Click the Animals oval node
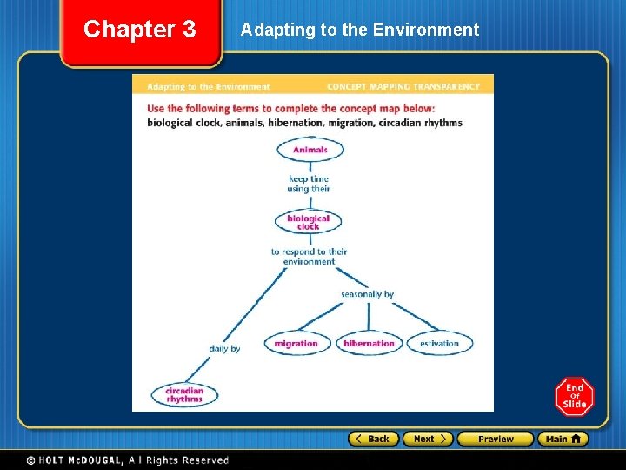(310, 150)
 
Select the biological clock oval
(308, 222)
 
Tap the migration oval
(296, 344)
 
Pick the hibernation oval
(369, 344)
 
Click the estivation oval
(439, 344)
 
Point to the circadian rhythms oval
(184, 395)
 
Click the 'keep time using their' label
(309, 184)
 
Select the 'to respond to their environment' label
(309, 257)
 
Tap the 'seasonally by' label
(367, 294)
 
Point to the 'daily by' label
(224, 349)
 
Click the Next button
(429, 439)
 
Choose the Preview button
(496, 439)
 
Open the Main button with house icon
(563, 439)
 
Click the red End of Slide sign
(575, 397)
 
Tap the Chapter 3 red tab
(140, 30)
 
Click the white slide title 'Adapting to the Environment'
(359, 30)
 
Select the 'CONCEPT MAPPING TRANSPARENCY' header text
(403, 87)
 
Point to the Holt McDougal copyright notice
(127, 460)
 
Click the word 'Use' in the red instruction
(156, 109)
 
